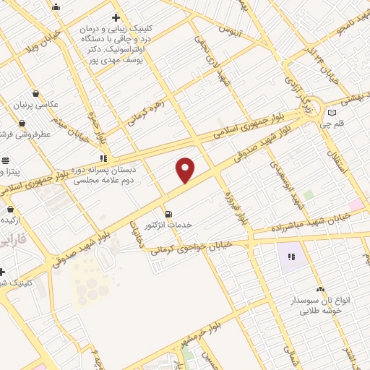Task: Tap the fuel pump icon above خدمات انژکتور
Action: (168, 214)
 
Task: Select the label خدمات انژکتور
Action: (168, 225)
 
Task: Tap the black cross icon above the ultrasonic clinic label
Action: (116, 17)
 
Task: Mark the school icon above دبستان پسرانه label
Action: (104, 158)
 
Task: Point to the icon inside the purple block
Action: (292, 257)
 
